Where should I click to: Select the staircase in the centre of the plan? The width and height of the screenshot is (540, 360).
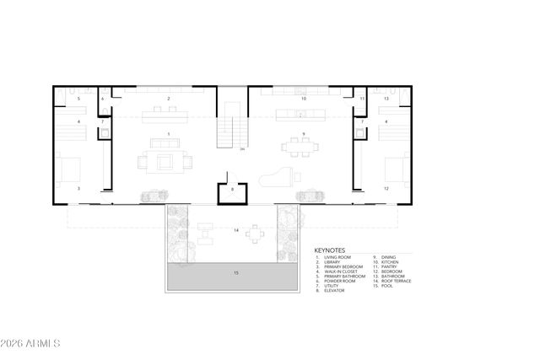[x=231, y=132]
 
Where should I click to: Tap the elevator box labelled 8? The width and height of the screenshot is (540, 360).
[x=232, y=191]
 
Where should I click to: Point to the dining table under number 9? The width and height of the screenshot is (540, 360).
[x=301, y=148]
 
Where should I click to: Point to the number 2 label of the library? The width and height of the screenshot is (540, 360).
[x=169, y=99]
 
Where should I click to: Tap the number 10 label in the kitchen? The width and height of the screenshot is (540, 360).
[x=303, y=99]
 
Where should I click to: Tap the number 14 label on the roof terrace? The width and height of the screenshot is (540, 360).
[x=236, y=229]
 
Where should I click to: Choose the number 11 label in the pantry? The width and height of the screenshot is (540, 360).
[x=361, y=99]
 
